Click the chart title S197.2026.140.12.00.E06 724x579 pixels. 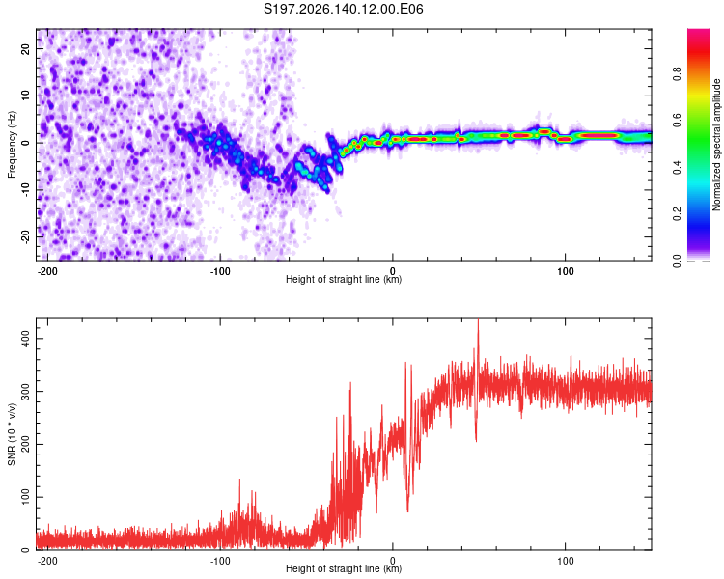point(343,9)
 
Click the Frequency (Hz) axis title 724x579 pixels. point(12,145)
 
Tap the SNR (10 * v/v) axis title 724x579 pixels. point(12,434)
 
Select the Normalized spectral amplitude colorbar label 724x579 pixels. point(716,145)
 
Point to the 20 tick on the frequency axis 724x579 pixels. point(26,48)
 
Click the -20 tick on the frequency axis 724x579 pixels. point(26,236)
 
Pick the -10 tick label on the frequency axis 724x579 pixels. point(26,190)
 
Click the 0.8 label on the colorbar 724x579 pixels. point(677,74)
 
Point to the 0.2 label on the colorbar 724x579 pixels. point(677,214)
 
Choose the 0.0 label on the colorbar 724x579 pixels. point(677,261)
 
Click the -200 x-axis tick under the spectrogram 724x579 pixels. point(47,271)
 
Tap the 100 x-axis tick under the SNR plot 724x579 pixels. point(565,561)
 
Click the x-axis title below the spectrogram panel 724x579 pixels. point(344,279)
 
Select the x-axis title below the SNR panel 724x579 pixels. point(344,568)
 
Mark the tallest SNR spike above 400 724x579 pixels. point(478,320)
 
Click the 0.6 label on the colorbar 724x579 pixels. point(677,121)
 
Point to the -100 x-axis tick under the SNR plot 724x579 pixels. point(220,561)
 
